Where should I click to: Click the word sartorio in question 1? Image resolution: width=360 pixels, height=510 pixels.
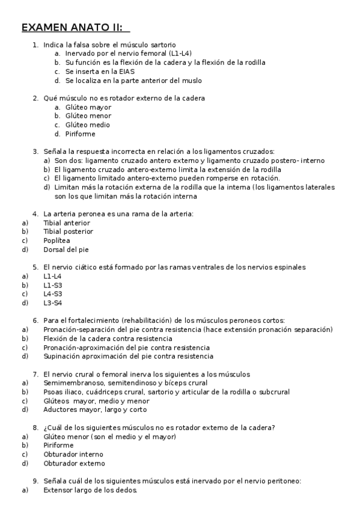(162, 45)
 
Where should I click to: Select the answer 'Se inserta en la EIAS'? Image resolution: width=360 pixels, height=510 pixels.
(100, 72)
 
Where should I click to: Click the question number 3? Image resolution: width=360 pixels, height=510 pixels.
(35, 152)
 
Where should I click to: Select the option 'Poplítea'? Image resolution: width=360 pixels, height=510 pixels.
(57, 240)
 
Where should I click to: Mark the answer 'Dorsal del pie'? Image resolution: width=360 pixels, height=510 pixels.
(66, 249)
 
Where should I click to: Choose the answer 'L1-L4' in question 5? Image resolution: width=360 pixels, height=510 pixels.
(53, 276)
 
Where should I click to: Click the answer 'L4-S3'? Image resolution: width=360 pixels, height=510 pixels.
(53, 294)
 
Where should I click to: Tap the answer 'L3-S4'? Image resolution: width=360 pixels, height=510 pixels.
(53, 303)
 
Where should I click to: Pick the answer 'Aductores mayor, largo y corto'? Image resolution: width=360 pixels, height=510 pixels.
(95, 410)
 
